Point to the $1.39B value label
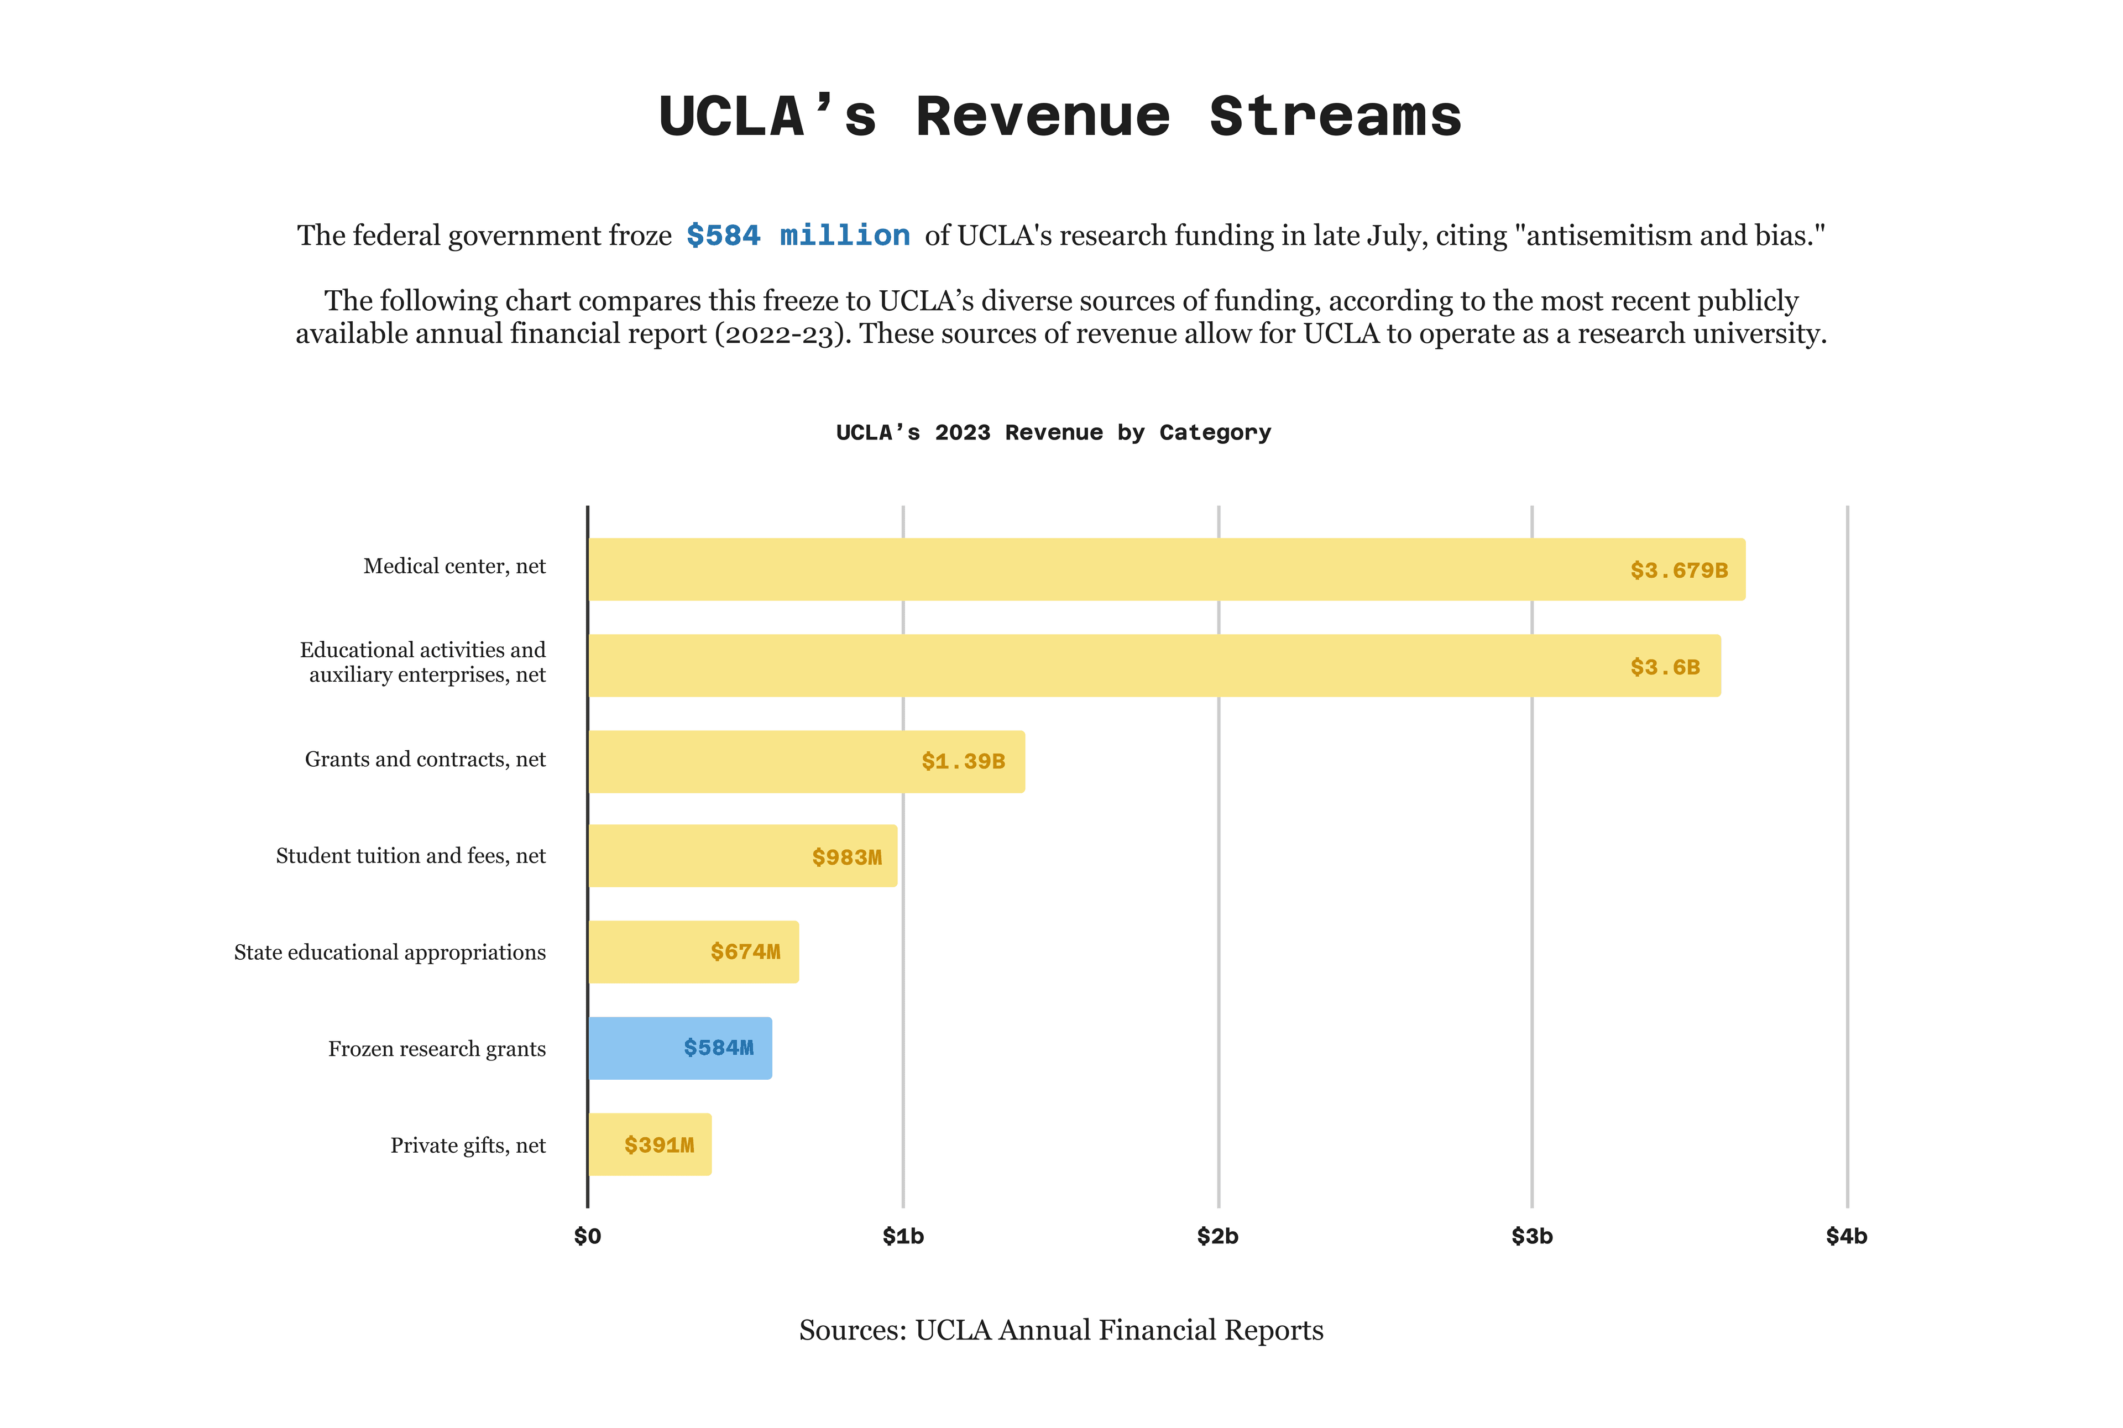963,761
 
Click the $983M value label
846,857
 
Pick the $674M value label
745,951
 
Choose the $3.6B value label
1665,667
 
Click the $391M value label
658,1145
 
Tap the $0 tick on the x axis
588,1236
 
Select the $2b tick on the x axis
1218,1236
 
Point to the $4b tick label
1846,1236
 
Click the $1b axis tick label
903,1236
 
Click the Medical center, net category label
454,567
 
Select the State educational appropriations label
390,953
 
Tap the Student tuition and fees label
411,856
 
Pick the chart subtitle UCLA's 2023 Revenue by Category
1053,432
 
